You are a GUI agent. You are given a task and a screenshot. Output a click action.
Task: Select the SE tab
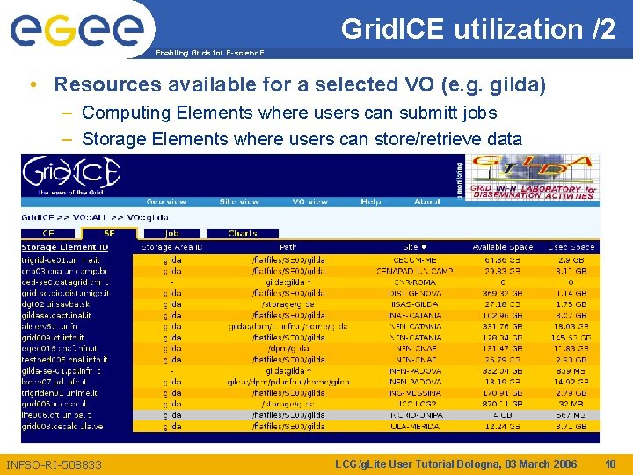(109, 233)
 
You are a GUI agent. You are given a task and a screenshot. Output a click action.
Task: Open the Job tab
(172, 233)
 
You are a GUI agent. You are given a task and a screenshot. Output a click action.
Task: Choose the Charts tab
(243, 233)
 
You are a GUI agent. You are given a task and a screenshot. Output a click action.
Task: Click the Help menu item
(371, 201)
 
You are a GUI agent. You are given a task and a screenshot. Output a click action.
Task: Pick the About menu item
(427, 201)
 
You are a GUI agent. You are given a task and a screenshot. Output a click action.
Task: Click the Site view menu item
(238, 201)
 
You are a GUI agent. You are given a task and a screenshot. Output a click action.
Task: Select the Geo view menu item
(166, 201)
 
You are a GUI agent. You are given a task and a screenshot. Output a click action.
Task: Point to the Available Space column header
(502, 247)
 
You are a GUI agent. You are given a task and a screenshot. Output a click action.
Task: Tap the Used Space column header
(571, 247)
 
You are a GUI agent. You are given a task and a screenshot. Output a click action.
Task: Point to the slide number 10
(611, 464)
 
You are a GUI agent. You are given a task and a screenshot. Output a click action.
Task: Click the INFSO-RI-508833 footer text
(55, 464)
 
